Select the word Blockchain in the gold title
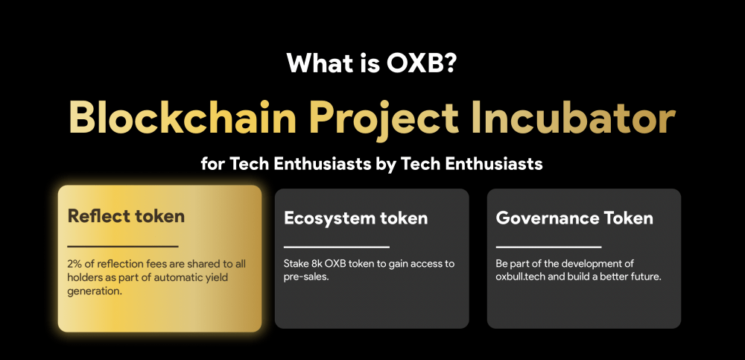[x=183, y=118]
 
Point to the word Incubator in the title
[x=574, y=118]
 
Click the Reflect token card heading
[x=126, y=216]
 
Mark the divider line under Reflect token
[x=123, y=247]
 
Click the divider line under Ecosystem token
[x=337, y=247]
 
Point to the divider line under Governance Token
[x=549, y=247]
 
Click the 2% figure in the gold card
[x=75, y=263]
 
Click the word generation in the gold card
[x=95, y=291]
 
